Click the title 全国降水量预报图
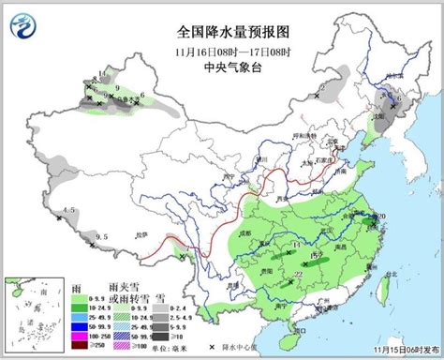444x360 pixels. pyautogui.click(x=222, y=30)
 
